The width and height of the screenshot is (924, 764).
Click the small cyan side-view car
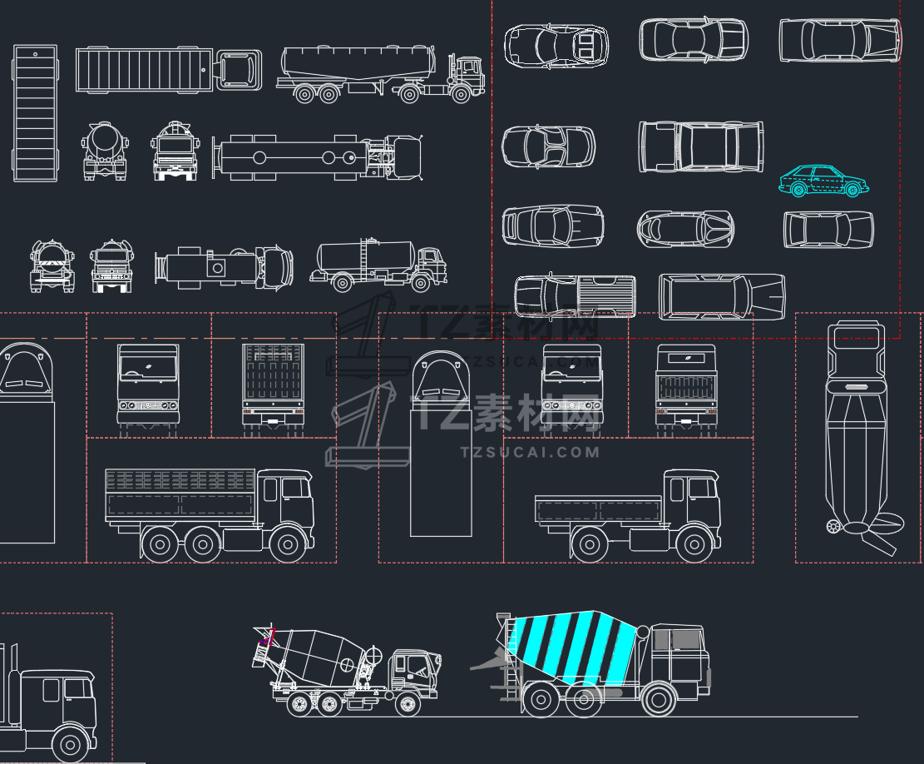pyautogui.click(x=823, y=181)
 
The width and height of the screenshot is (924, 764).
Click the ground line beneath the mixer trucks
pyautogui.click(x=749, y=716)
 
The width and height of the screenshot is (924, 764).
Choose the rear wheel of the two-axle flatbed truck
pyautogui.click(x=588, y=545)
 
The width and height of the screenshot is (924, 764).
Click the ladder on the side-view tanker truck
pyautogui.click(x=365, y=257)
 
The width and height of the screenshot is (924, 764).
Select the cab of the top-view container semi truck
pyautogui.click(x=239, y=70)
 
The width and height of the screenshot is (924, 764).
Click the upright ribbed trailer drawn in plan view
pyautogui.click(x=35, y=113)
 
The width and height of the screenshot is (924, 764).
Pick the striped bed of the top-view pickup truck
pyautogui.click(x=606, y=295)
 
